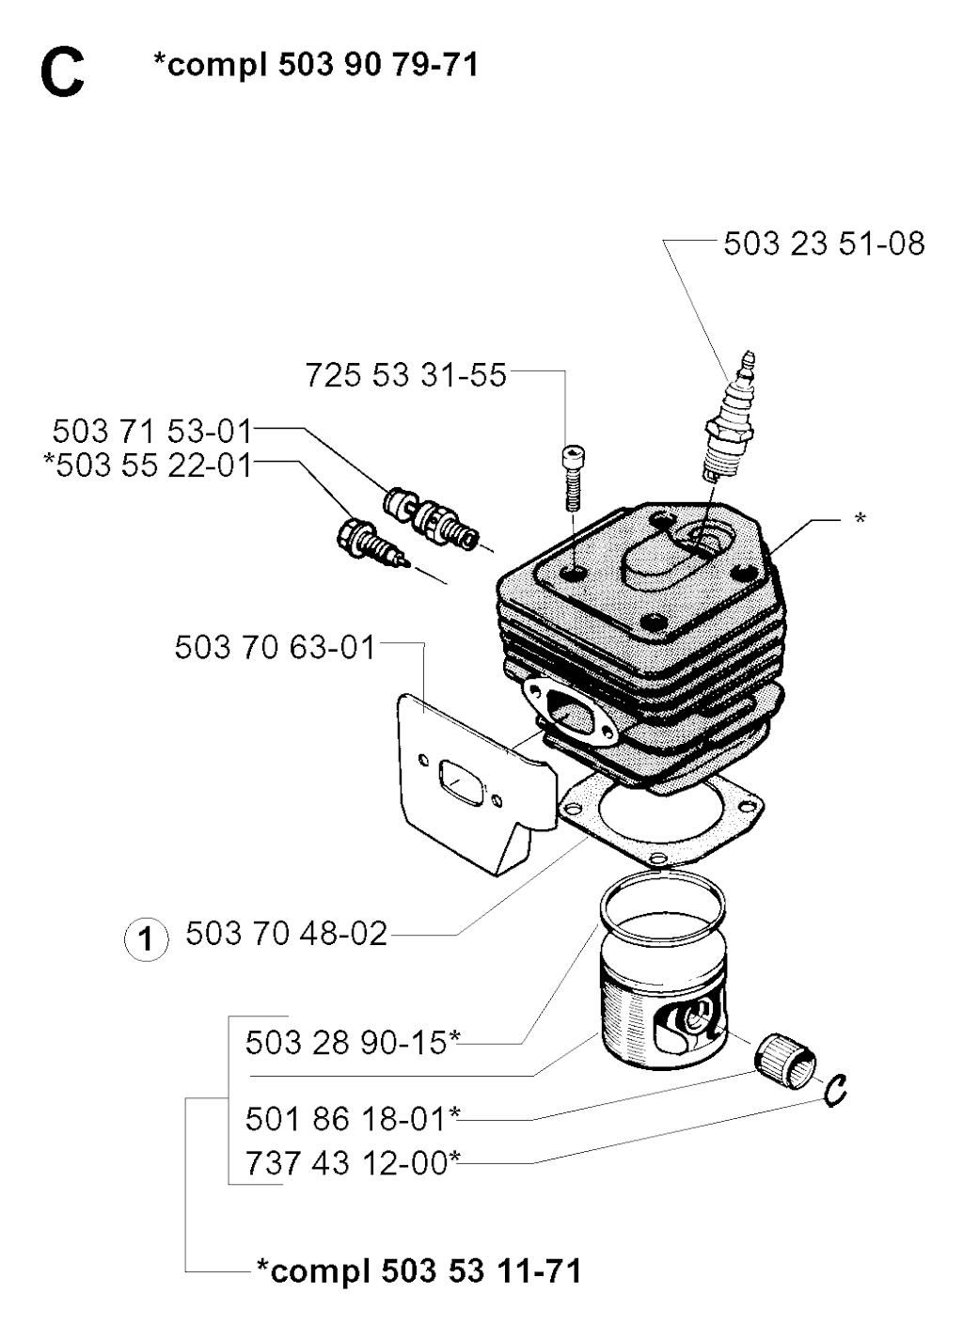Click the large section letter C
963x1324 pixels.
click(63, 74)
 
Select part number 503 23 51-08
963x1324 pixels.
click(824, 244)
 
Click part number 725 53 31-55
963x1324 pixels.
click(406, 375)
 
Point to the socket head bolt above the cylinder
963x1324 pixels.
click(572, 479)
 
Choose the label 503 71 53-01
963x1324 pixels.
click(152, 431)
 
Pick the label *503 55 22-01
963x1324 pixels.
click(149, 465)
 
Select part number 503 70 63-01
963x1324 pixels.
click(275, 647)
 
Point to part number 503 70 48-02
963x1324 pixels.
click(287, 934)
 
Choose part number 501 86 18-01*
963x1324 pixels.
click(353, 1119)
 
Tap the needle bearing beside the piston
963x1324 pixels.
click(785, 1067)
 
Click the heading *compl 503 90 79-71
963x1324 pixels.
click(316, 66)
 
